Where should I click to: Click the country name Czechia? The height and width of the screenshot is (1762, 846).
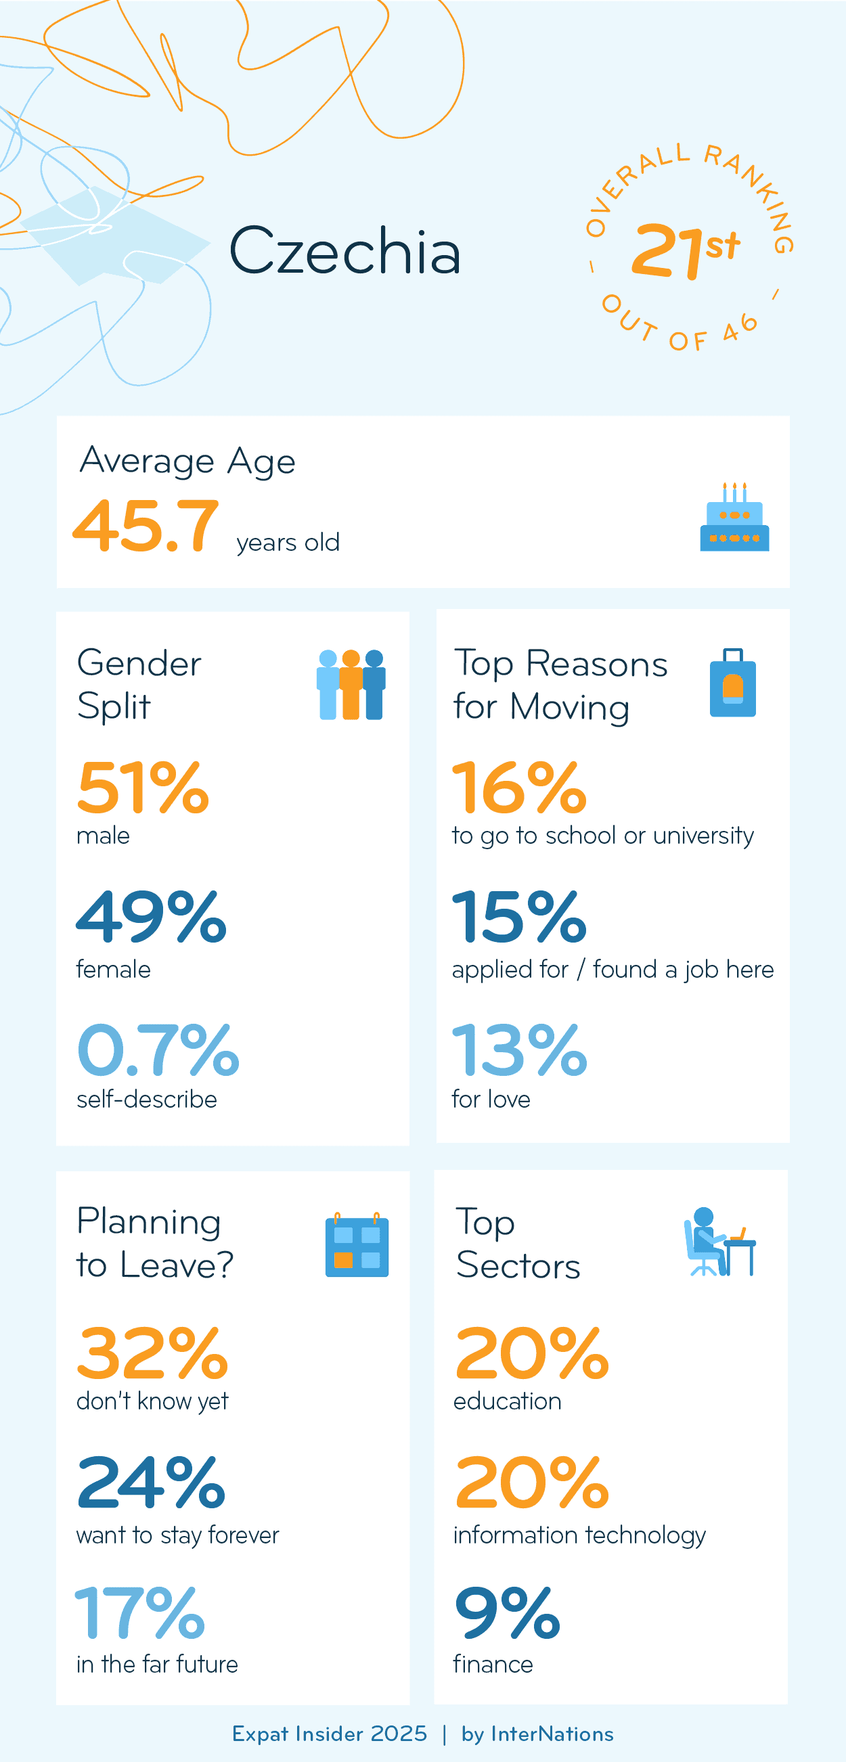click(x=344, y=251)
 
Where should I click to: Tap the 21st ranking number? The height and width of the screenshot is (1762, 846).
click(x=684, y=250)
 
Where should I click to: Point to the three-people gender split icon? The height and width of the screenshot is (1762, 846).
click(x=351, y=684)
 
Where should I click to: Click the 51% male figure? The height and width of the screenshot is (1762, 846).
click(x=143, y=788)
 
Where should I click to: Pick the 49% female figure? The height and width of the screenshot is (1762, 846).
click(x=151, y=918)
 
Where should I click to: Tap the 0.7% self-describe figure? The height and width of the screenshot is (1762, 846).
click(x=158, y=1050)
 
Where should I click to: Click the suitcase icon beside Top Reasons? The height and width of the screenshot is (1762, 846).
click(x=732, y=683)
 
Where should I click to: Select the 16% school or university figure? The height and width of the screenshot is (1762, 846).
click(x=519, y=788)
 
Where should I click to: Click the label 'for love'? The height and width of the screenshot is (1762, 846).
click(x=491, y=1099)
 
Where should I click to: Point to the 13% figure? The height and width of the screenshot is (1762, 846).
click(x=519, y=1050)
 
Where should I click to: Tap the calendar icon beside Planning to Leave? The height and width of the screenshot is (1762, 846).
click(x=357, y=1245)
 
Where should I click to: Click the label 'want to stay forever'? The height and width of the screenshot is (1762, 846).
click(x=178, y=1535)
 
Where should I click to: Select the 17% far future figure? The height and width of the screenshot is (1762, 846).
click(x=140, y=1612)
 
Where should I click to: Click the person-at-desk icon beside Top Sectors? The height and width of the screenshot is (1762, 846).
click(x=719, y=1242)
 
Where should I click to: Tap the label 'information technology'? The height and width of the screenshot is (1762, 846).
click(x=579, y=1535)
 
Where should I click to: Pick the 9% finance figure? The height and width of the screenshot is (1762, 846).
click(x=508, y=1612)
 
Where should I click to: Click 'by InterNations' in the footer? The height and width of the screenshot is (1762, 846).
click(x=537, y=1734)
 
